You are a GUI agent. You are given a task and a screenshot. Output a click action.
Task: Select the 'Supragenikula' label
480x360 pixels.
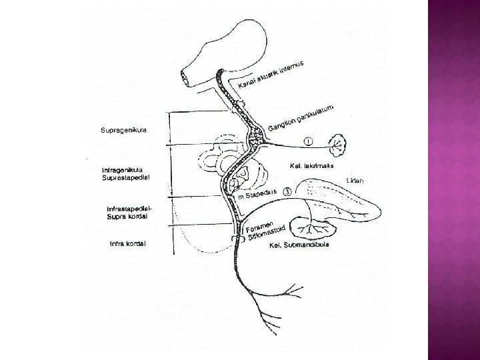pos(124,130)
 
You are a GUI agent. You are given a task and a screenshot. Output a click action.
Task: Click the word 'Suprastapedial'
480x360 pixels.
pos(127,178)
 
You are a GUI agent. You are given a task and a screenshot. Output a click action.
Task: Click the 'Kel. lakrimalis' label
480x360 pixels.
pos(311,165)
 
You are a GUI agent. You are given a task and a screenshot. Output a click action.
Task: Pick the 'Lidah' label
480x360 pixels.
pos(355,181)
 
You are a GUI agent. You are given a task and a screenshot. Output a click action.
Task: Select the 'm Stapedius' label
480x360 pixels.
pos(257,195)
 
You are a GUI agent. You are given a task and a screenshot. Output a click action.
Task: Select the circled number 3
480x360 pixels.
pos(286,191)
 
